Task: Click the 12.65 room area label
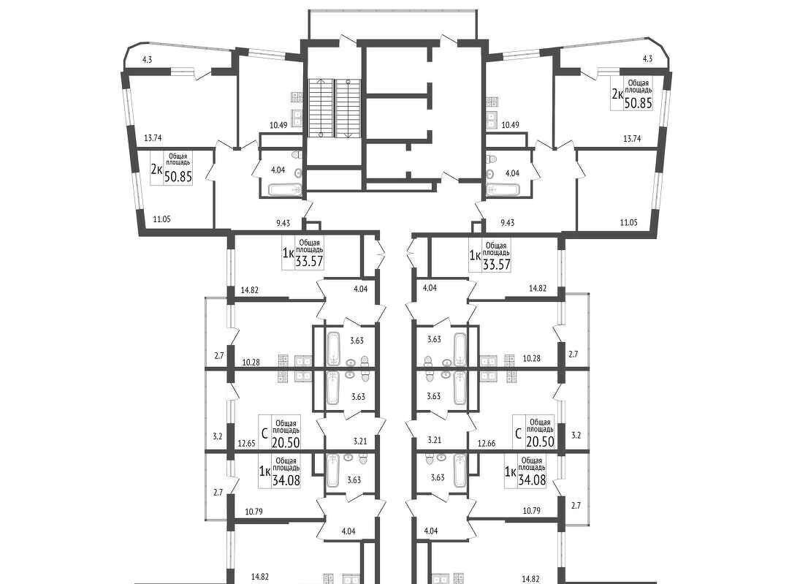point(247,444)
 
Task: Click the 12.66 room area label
point(486,444)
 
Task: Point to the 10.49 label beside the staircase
point(278,125)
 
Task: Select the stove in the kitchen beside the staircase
point(297,97)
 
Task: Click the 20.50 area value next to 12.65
point(286,442)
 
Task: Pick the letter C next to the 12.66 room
point(518,433)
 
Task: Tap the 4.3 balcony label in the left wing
point(147,59)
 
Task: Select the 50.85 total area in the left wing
point(178,177)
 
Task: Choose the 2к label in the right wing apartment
point(617,94)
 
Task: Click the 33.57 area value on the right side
point(497,265)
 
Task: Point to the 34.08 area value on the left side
point(286,480)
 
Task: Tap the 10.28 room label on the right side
point(531,358)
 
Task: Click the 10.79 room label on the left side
point(254,512)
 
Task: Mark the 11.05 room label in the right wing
point(628,222)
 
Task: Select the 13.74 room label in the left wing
point(153,137)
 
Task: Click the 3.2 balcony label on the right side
point(576,436)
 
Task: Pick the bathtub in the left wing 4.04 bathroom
point(285,190)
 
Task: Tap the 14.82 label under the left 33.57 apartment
point(250,289)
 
